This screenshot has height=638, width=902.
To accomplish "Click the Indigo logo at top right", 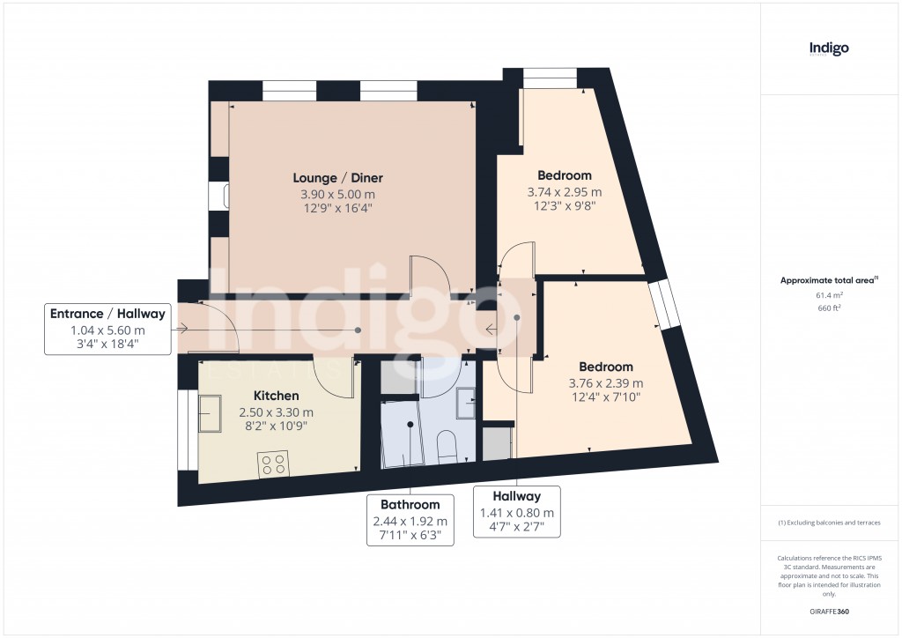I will click(829, 48).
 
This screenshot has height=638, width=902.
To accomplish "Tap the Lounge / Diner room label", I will click(339, 178).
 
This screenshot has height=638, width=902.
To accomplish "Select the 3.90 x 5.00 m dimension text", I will click(339, 195).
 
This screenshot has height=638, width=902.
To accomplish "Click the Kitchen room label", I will click(276, 396).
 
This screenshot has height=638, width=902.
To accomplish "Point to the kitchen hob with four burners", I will click(273, 464).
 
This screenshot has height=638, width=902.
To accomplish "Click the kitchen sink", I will click(211, 413).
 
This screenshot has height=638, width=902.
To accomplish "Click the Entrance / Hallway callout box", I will click(107, 329).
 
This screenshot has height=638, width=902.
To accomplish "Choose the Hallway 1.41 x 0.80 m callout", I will click(516, 511).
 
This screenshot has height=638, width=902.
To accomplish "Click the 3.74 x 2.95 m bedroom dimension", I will click(564, 192).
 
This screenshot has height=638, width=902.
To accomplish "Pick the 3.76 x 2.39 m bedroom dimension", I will click(605, 383).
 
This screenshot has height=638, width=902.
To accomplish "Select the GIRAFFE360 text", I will click(829, 611).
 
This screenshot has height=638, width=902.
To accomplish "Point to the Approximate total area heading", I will click(829, 280).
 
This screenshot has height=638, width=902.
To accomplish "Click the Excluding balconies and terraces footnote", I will click(829, 523).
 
